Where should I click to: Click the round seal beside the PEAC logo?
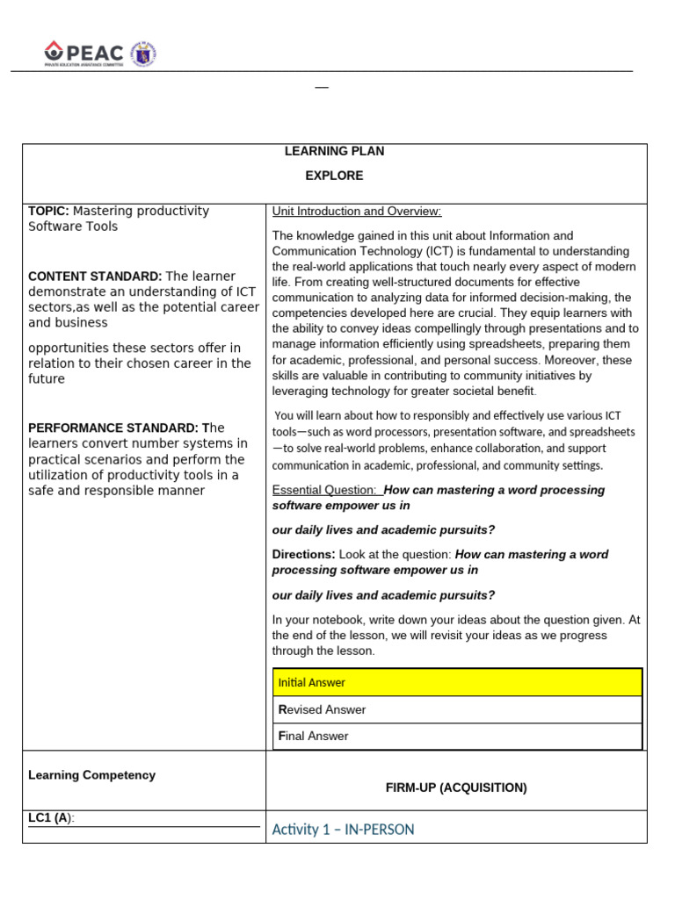point(143,54)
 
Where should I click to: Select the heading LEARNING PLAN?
point(334,151)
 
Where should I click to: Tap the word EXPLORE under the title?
point(334,176)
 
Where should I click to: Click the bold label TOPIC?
point(49,211)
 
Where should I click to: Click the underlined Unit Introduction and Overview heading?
point(357,212)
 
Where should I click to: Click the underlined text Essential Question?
point(325,490)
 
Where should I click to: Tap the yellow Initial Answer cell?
point(457,682)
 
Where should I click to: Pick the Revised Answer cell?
point(457,709)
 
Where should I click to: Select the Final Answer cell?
point(457,736)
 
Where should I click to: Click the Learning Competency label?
point(91,775)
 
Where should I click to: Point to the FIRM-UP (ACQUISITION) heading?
point(456,788)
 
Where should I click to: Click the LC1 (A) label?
point(51,818)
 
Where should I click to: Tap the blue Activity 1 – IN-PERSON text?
point(343,830)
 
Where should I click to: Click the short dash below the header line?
point(322,88)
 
